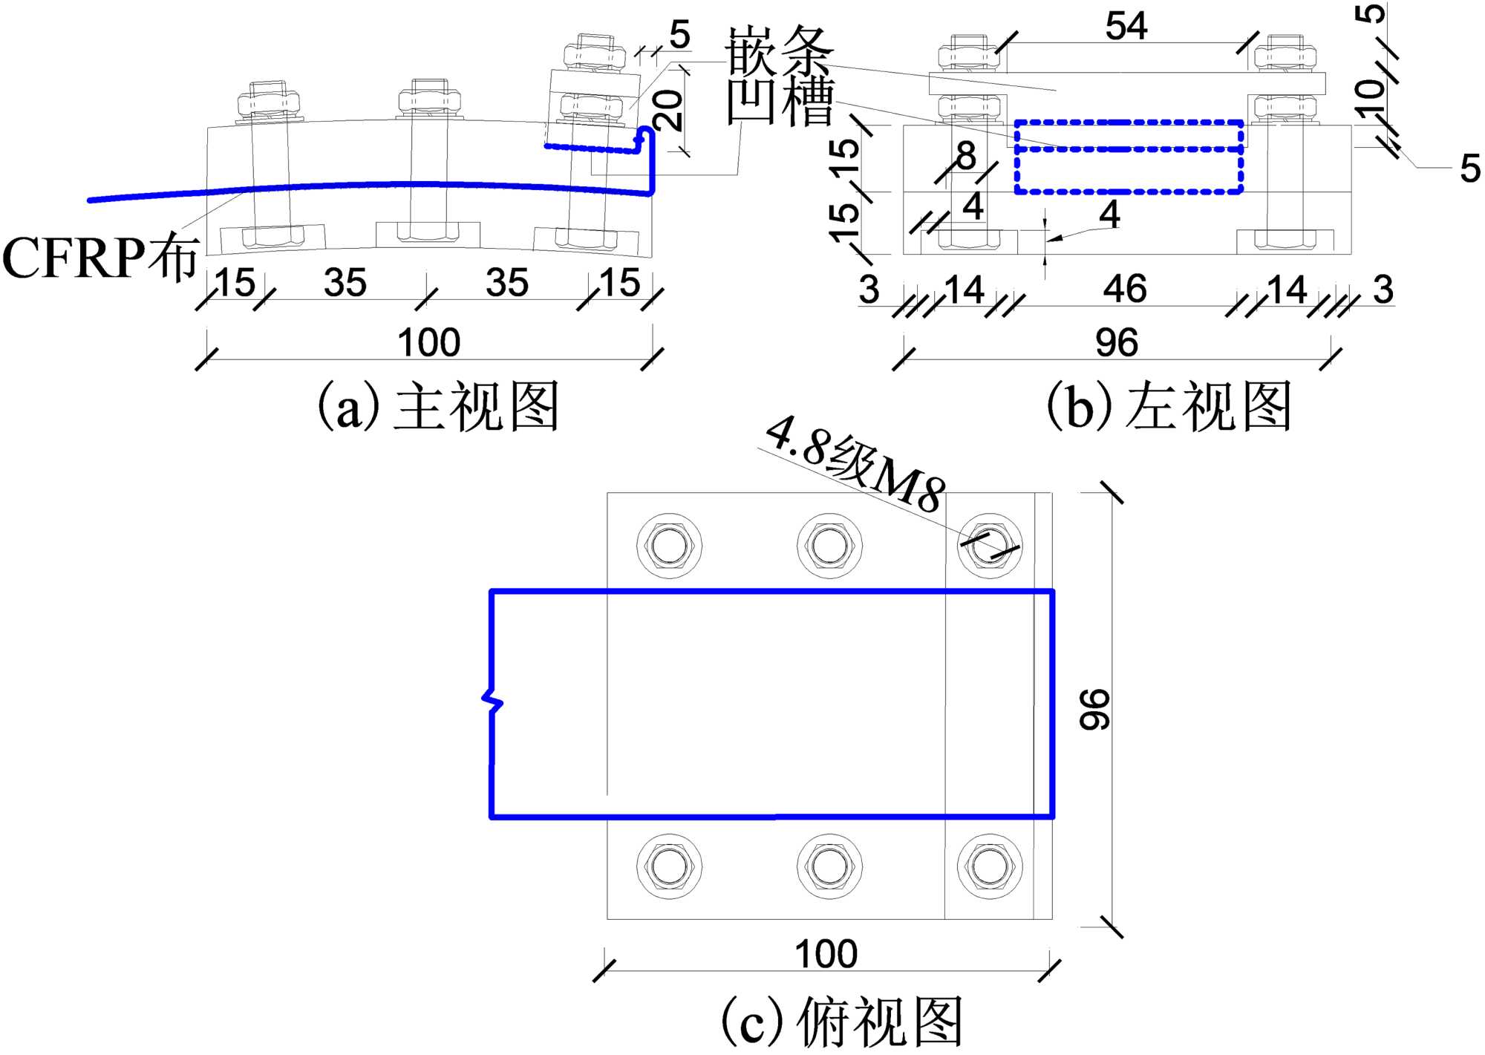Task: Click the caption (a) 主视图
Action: [438, 407]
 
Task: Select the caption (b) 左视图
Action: [1169, 407]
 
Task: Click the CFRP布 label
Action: [100, 258]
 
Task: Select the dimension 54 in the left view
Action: [1126, 27]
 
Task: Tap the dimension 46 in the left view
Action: [1124, 289]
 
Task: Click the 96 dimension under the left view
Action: [1116, 343]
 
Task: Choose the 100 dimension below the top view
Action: [826, 954]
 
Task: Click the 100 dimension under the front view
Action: [428, 343]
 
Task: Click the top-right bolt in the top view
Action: [989, 546]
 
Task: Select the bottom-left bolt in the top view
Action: [668, 866]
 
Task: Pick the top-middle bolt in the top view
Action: [829, 546]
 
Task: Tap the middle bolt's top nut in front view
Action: [429, 100]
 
